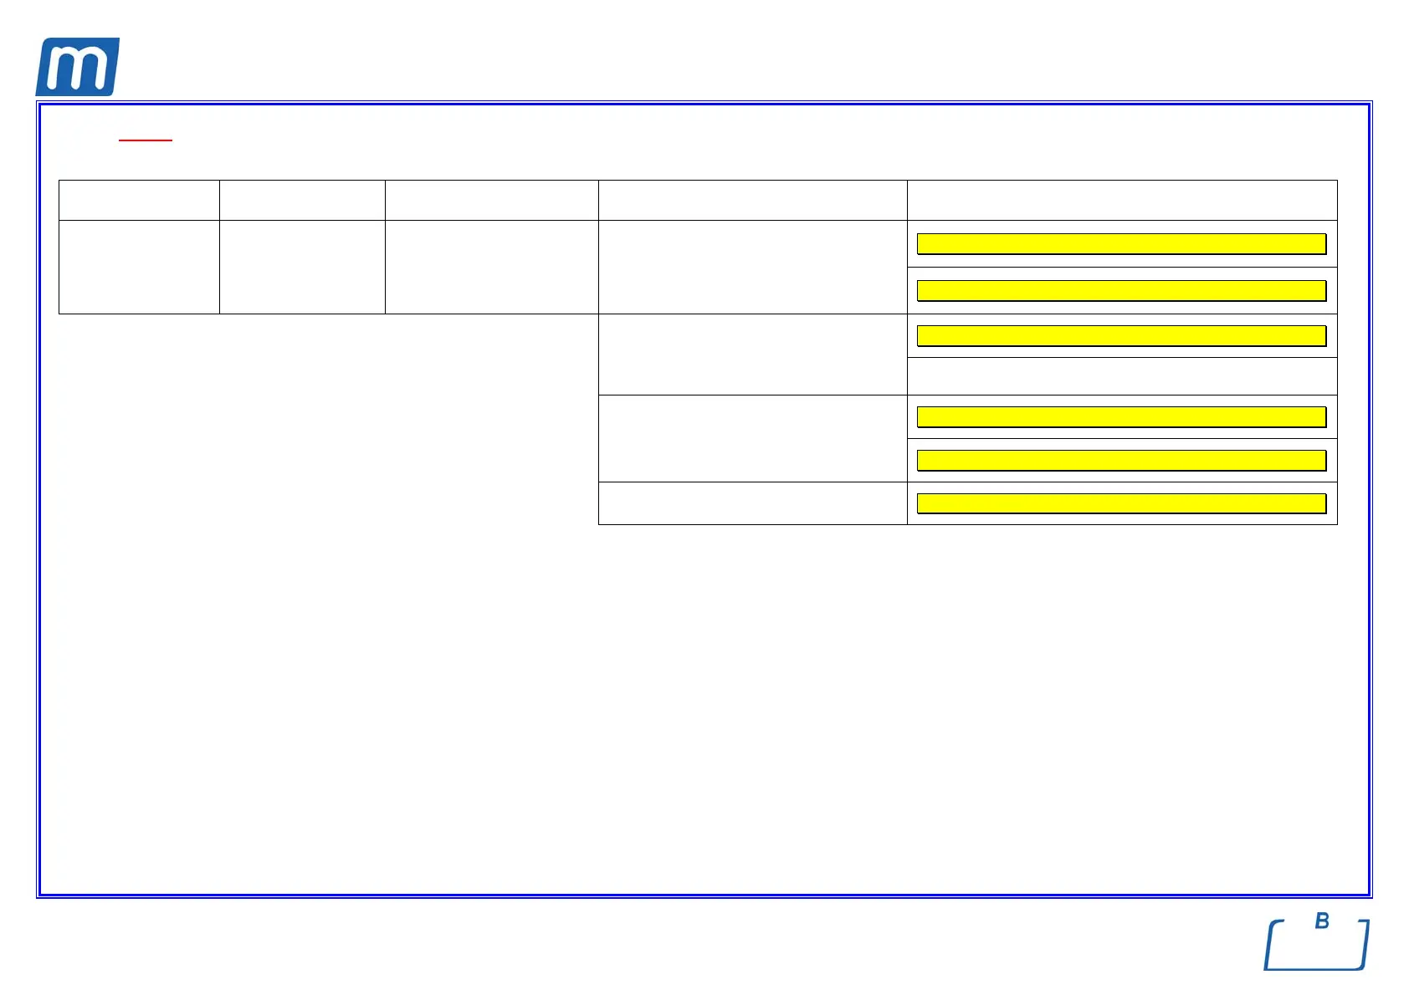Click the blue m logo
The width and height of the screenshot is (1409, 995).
pos(77,67)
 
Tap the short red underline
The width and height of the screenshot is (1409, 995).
pos(146,140)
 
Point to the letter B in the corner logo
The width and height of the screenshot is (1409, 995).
pos(1322,921)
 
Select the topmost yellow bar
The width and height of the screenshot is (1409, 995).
pos(1121,243)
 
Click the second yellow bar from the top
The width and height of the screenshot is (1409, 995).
pos(1121,290)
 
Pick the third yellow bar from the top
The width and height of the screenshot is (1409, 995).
pos(1121,335)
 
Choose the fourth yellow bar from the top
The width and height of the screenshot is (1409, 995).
pos(1121,416)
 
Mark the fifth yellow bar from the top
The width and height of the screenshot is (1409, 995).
pos(1121,460)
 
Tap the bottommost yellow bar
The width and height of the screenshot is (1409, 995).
pos(1121,503)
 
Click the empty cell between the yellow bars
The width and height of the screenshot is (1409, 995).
pos(1121,376)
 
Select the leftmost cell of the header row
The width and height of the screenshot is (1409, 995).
pos(139,200)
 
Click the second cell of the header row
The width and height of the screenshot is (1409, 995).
pos(302,200)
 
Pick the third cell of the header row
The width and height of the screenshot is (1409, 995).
pos(491,200)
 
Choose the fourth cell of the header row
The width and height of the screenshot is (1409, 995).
pos(752,200)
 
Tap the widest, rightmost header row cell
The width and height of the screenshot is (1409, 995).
pos(1121,200)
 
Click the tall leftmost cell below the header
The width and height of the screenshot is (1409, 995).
pos(139,267)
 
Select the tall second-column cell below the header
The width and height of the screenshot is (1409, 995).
pos(302,267)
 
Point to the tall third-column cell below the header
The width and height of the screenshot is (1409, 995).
pos(491,267)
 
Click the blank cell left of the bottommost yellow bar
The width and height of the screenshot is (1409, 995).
pos(752,503)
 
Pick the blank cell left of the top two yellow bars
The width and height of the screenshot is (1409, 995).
pos(752,267)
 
